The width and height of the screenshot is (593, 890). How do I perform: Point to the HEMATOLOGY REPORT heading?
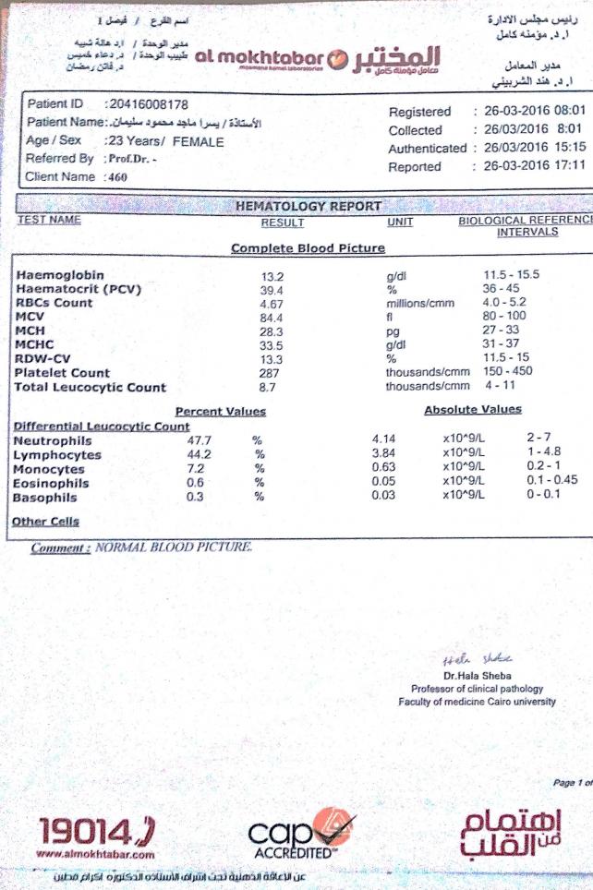309,206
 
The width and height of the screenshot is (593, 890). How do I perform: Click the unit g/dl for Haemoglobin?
397,276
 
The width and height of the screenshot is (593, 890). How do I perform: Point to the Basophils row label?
45,499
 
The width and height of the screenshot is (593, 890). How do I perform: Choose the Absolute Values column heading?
472,410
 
